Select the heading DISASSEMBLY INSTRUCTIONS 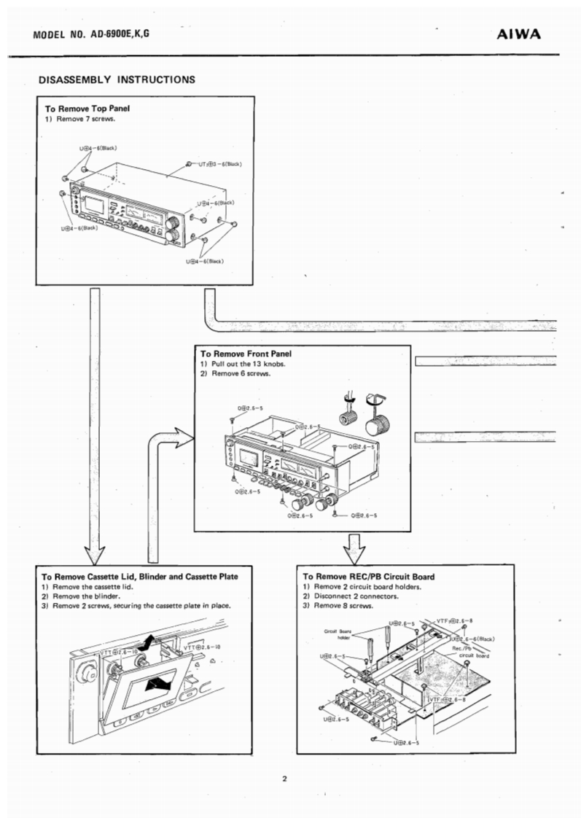117,78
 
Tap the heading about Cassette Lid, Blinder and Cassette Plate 139,576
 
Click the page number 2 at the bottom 284,779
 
